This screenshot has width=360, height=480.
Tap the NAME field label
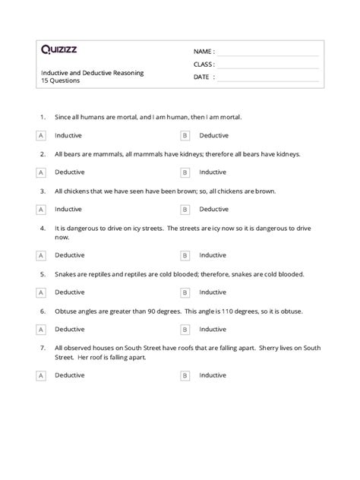(x=203, y=51)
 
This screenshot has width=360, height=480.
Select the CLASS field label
(x=204, y=64)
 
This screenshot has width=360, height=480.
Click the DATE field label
(x=202, y=77)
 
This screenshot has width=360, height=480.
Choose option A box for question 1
(x=40, y=135)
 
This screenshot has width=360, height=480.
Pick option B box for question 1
(x=185, y=135)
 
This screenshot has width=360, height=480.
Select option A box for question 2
(x=40, y=172)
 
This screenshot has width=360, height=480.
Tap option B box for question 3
(x=185, y=209)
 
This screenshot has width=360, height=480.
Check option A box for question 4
(x=40, y=254)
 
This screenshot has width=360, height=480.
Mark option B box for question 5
(x=185, y=291)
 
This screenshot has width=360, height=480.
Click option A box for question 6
(x=40, y=328)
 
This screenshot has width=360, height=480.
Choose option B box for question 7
(x=185, y=374)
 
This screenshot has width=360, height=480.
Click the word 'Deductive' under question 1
(x=213, y=135)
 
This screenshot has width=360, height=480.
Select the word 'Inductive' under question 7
(x=213, y=374)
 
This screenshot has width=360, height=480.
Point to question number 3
(x=43, y=191)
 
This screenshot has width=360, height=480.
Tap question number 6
(x=43, y=310)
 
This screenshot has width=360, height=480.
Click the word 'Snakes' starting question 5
(x=66, y=273)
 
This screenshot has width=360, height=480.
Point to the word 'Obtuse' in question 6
(x=66, y=310)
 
